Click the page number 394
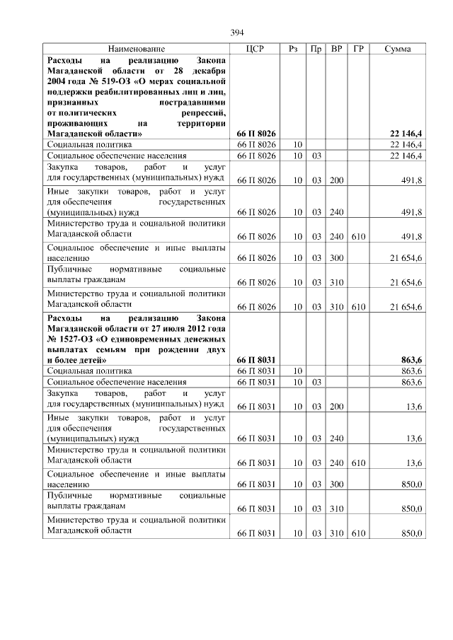coord(237,33)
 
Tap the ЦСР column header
coord(256,49)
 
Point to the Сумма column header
coord(398,49)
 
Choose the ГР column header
coord(358,49)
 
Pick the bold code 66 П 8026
coord(256,133)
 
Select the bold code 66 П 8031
coord(256,360)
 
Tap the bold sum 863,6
coord(411,360)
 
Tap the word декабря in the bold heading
coord(210,71)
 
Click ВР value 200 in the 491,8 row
coord(336,181)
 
